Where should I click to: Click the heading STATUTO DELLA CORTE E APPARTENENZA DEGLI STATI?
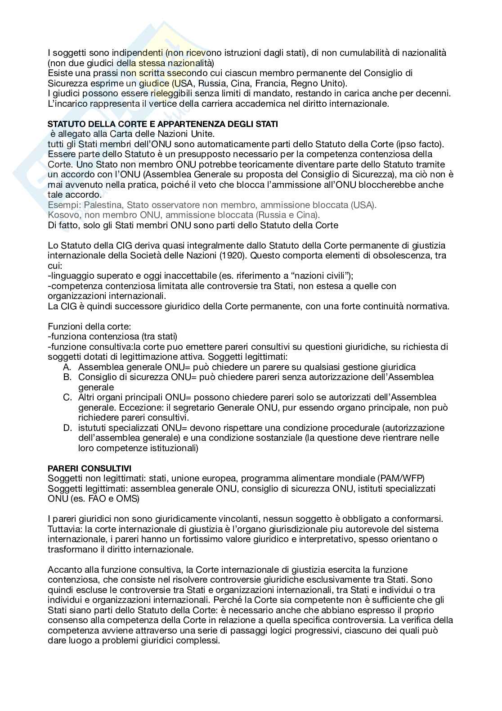click(x=163, y=124)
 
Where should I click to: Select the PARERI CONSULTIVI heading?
click(x=90, y=469)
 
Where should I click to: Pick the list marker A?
click(x=67, y=367)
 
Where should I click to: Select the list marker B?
click(x=67, y=377)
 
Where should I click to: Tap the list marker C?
click(x=67, y=398)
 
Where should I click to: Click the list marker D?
click(x=67, y=428)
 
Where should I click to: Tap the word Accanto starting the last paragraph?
click(x=63, y=570)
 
